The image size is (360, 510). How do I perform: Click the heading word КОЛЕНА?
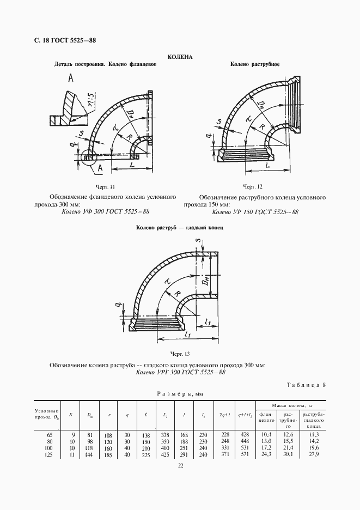pyautogui.click(x=179, y=56)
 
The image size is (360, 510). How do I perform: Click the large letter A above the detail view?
pyautogui.click(x=71, y=79)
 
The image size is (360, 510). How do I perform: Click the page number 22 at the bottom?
pyautogui.click(x=180, y=465)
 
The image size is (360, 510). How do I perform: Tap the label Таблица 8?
pyautogui.click(x=306, y=385)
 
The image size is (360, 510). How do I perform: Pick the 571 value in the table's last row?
pyautogui.click(x=245, y=453)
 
